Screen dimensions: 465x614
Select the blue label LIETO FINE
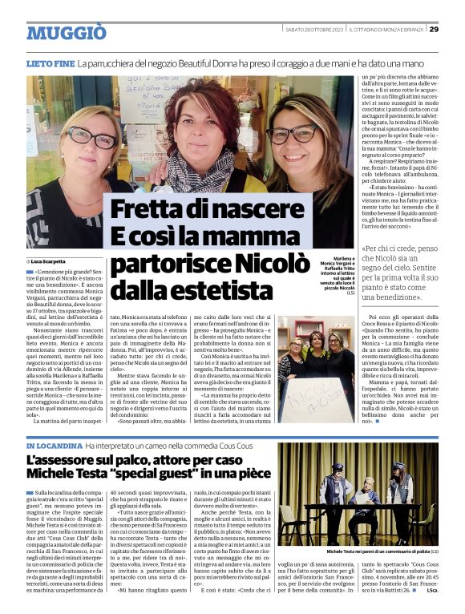pyautogui.click(x=50, y=63)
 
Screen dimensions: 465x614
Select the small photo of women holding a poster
pyautogui.click(x=315, y=369)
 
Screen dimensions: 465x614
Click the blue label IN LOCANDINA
pyautogui.click(x=53, y=445)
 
